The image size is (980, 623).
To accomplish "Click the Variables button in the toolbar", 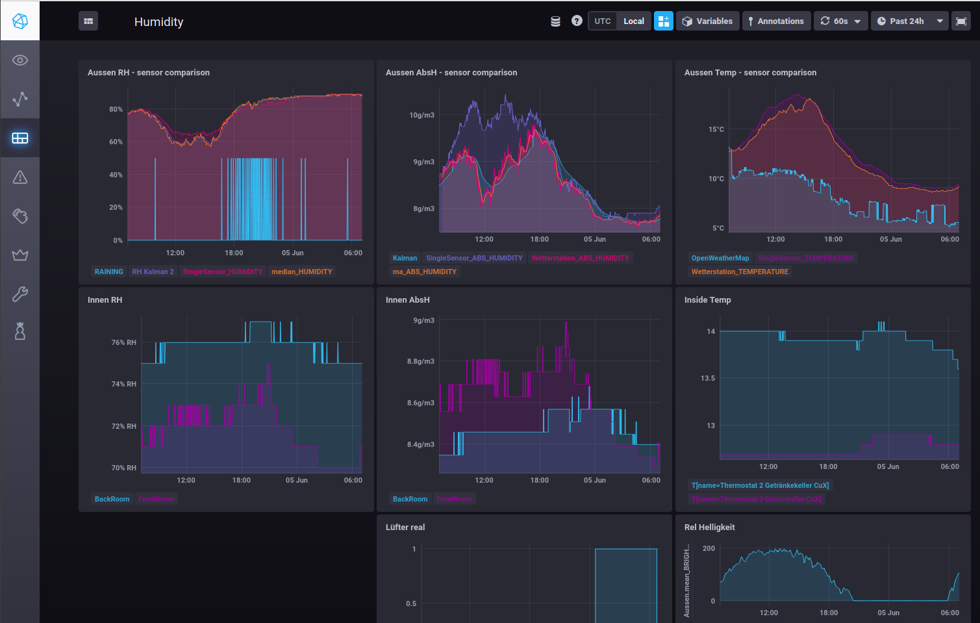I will (x=707, y=21).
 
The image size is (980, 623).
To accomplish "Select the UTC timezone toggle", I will (x=602, y=21).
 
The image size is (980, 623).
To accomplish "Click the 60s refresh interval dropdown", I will (x=840, y=21).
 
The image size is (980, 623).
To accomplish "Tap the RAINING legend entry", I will (x=108, y=272).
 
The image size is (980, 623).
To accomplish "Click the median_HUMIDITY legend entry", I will (x=301, y=272).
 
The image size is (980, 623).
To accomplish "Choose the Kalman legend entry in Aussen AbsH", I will (x=405, y=258).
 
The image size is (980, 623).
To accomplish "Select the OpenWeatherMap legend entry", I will (x=720, y=258).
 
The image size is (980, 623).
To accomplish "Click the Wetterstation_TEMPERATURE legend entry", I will (x=739, y=272).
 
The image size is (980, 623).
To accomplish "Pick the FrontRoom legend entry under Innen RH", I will (x=156, y=499).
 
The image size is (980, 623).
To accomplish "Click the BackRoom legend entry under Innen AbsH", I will (x=410, y=499).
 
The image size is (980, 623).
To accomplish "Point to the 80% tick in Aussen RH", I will (x=116, y=109).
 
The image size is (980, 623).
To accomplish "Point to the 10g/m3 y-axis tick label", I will (x=421, y=115).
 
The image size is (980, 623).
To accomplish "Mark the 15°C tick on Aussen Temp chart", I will (x=716, y=129).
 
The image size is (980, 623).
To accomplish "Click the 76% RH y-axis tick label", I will (x=123, y=342).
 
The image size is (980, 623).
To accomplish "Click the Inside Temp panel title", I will (x=707, y=299).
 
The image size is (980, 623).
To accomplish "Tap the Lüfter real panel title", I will (x=405, y=527).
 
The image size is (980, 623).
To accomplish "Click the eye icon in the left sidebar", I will (x=20, y=60).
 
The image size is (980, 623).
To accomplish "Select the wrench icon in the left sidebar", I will (x=20, y=294).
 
